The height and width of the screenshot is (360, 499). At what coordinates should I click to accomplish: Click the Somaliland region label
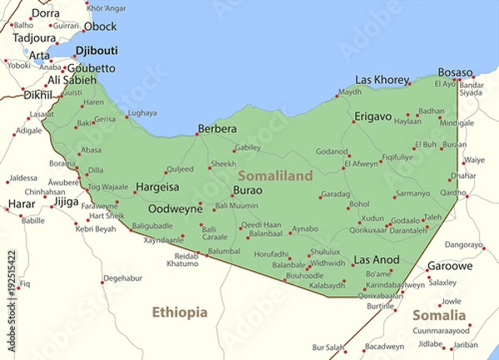[x=275, y=175]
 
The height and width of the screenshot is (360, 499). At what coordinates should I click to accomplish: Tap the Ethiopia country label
[x=179, y=313]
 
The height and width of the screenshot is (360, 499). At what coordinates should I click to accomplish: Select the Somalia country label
[x=438, y=315]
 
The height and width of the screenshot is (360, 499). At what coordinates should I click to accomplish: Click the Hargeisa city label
[x=157, y=187]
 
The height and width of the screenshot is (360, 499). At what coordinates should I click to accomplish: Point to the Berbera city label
[x=216, y=129]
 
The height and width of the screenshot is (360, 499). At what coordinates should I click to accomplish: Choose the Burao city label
[x=247, y=190]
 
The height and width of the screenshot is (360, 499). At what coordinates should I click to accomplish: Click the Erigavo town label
[x=373, y=116]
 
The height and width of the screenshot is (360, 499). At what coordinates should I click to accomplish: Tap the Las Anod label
[x=377, y=260]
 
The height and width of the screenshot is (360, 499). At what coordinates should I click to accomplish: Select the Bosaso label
[x=455, y=72]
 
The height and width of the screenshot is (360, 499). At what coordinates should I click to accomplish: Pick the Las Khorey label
[x=382, y=80]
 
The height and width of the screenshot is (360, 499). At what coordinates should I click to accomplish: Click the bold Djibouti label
[x=96, y=50]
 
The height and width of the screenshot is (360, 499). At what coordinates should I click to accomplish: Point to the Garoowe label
[x=450, y=267]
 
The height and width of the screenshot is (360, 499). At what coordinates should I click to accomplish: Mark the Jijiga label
[x=66, y=201]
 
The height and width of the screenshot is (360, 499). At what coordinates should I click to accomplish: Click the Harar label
[x=22, y=203]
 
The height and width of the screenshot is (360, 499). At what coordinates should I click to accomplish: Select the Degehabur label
[x=123, y=279]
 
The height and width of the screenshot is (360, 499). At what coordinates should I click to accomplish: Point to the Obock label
[x=100, y=27]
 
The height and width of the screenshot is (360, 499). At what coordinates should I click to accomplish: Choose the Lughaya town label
[x=142, y=112]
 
